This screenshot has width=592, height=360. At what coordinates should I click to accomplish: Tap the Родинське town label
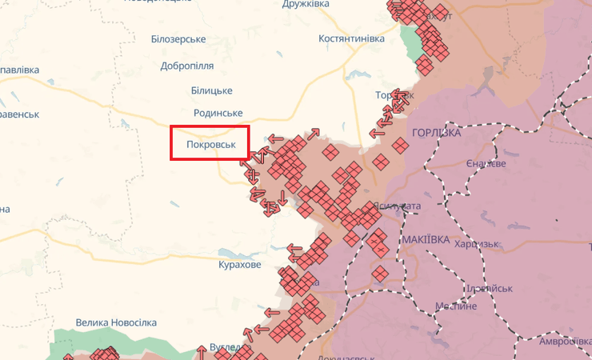tap(218, 114)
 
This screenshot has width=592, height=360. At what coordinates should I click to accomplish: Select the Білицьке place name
tap(212, 90)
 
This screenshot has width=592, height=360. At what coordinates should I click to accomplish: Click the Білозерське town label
tap(178, 39)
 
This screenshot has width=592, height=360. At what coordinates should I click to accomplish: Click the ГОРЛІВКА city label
tap(436, 133)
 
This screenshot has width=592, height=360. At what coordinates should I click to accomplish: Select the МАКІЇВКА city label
tap(426, 240)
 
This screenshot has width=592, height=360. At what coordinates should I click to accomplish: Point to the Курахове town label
tap(240, 264)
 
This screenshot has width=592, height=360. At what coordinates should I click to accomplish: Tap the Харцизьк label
tap(477, 244)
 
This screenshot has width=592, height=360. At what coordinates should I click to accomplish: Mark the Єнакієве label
tap(486, 164)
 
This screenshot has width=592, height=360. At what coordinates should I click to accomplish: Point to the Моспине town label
tap(456, 306)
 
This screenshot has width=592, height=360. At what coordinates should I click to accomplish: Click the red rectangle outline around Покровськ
tap(210, 126)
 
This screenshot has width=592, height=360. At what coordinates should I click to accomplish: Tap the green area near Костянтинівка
tap(411, 44)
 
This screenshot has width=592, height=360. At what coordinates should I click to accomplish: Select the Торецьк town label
tap(394, 95)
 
